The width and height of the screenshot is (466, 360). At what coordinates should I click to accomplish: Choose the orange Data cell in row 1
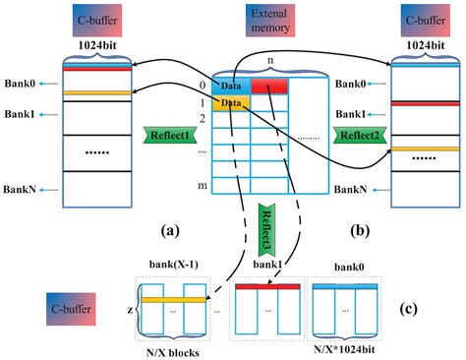(228, 101)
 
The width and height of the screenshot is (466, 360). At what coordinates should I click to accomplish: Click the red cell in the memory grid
(269, 88)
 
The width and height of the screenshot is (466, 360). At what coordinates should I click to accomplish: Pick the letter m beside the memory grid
(202, 186)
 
